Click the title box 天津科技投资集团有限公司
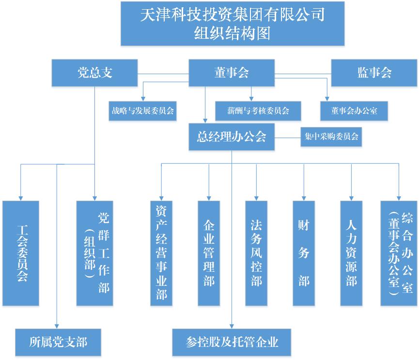pos(233,24)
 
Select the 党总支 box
pos(95,73)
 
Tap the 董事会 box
pos(231,73)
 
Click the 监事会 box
pos(374,73)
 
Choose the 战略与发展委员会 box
pos(143,110)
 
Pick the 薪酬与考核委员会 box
pos(258,110)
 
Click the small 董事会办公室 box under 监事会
pos(354,110)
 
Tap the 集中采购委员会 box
pos(331,137)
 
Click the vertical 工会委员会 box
pos(21,253)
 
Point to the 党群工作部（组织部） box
pos(95,253)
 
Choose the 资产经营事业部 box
pos(161,253)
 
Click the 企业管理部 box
pos(209,253)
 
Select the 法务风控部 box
pos(256,253)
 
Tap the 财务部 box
pos(304,253)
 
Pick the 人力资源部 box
pos(351,253)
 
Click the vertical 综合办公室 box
pos(399,253)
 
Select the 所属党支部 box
pos(58,342)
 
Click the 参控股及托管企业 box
pos(232,342)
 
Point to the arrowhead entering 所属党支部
pos(57,326)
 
